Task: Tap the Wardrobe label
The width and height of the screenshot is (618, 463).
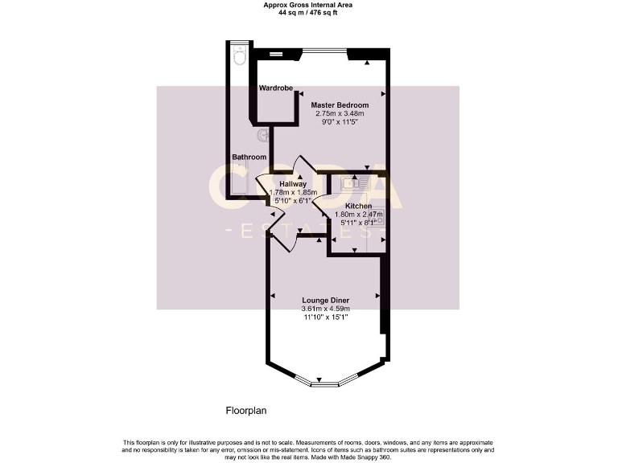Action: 275,88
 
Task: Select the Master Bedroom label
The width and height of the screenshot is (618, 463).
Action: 340,105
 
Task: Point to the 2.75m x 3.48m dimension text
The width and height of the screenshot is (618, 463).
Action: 340,114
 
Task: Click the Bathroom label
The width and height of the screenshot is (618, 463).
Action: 249,157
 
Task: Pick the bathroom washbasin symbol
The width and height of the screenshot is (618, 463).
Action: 262,137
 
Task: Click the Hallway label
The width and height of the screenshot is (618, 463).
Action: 292,184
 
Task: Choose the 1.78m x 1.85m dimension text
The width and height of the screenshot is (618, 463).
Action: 292,192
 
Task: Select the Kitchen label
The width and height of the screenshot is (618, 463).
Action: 358,207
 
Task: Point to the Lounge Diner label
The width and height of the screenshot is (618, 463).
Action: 326,301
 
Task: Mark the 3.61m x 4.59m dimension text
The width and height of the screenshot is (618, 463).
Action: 326,309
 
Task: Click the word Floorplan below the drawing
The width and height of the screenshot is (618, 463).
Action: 245,410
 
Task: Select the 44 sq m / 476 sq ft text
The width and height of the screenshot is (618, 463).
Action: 309,13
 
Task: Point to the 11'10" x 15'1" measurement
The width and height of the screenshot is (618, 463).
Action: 326,318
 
